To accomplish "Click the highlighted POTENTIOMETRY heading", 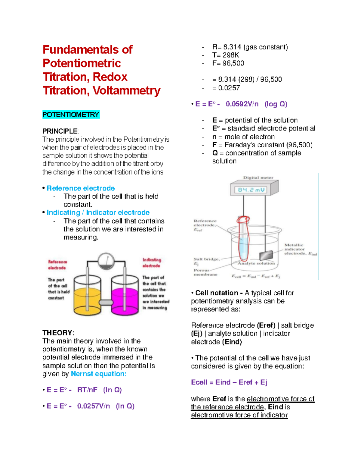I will pos(71,115).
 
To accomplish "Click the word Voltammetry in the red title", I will pos(126,90).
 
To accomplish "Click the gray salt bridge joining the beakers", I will pos(106,302).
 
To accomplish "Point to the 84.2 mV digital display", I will pos(251,190).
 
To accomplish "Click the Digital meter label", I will pos(258,177).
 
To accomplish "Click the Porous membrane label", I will pos(205,272).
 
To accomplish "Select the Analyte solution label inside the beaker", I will pos(256,263).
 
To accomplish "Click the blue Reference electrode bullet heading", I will pos(81,188).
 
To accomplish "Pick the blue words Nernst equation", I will pos(98,374).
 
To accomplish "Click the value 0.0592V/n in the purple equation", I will pos(242,104).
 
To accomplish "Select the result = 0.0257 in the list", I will pos(226,88).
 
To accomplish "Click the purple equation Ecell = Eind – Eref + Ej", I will pos(229,382).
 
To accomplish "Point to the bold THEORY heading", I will pos(57,333).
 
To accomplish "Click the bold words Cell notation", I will pos(216,293).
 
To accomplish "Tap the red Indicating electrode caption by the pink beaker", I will pos(152,263).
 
